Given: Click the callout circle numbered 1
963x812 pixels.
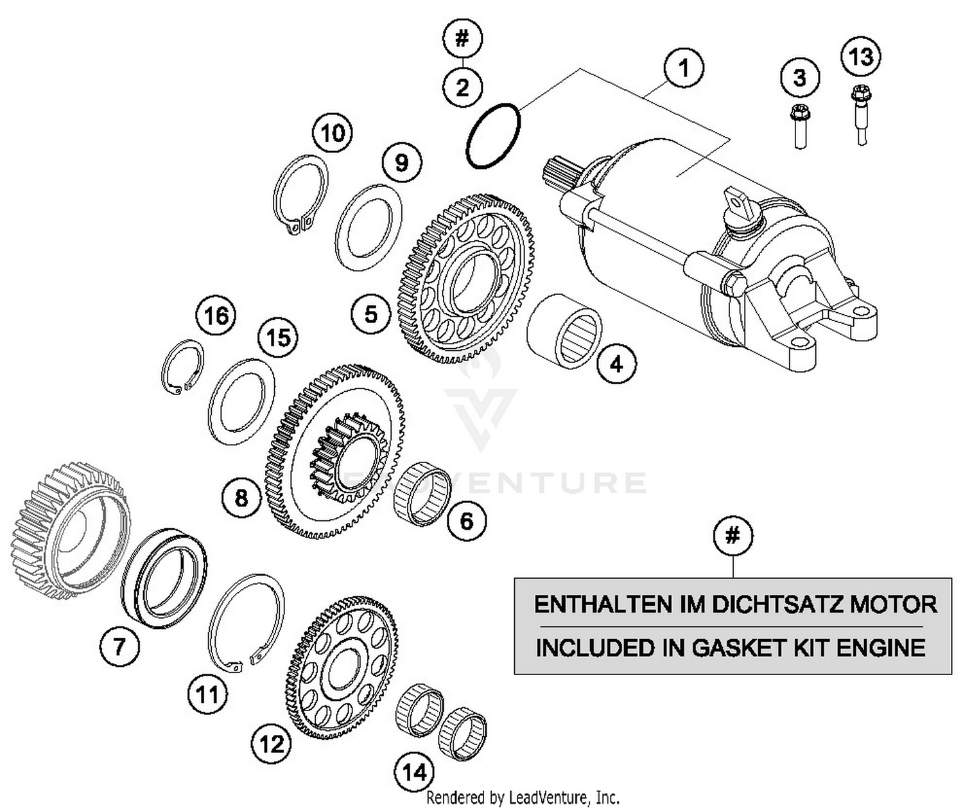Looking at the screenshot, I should [x=684, y=67].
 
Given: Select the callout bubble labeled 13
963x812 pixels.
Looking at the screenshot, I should [x=861, y=57].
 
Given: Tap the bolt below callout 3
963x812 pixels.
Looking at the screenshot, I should [x=799, y=125].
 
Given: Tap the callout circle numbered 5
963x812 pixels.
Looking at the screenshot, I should [x=371, y=314].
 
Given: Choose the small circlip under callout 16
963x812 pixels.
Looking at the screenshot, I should [x=182, y=366].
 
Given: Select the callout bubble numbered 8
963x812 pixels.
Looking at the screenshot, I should [x=241, y=497].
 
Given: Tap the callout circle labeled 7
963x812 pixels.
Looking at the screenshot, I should [x=119, y=646].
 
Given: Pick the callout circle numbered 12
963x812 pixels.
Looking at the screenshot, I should [x=272, y=744].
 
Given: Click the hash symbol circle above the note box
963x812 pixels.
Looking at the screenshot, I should [x=733, y=535].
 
